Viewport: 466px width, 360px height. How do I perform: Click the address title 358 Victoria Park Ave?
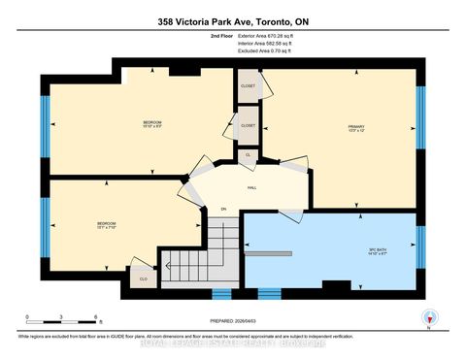(232, 19)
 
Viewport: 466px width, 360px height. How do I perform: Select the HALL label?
(250, 187)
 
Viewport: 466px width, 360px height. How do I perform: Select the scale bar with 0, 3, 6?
(63, 321)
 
